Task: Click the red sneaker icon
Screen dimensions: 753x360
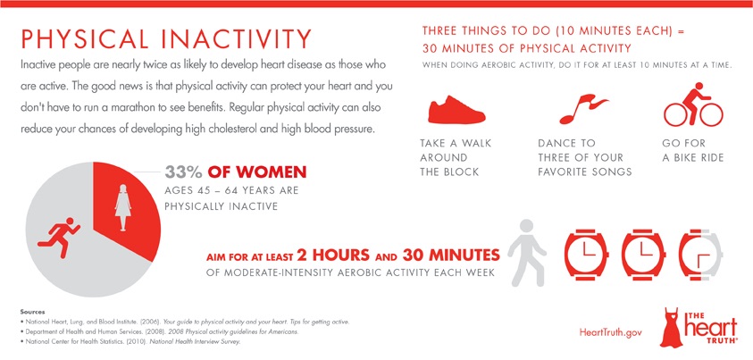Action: click(x=456, y=110)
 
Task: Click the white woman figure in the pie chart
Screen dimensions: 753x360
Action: click(x=123, y=207)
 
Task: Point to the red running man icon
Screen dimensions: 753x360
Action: click(x=58, y=238)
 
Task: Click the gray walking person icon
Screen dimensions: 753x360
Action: click(x=527, y=253)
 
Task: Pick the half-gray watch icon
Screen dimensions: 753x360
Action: click(x=700, y=254)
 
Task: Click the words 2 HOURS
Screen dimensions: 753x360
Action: click(x=333, y=254)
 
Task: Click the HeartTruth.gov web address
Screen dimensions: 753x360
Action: click(x=611, y=332)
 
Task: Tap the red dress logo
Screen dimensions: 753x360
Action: click(x=672, y=328)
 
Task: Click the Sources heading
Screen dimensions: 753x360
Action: click(x=33, y=312)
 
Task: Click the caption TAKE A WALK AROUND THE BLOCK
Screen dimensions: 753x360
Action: click(x=456, y=157)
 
